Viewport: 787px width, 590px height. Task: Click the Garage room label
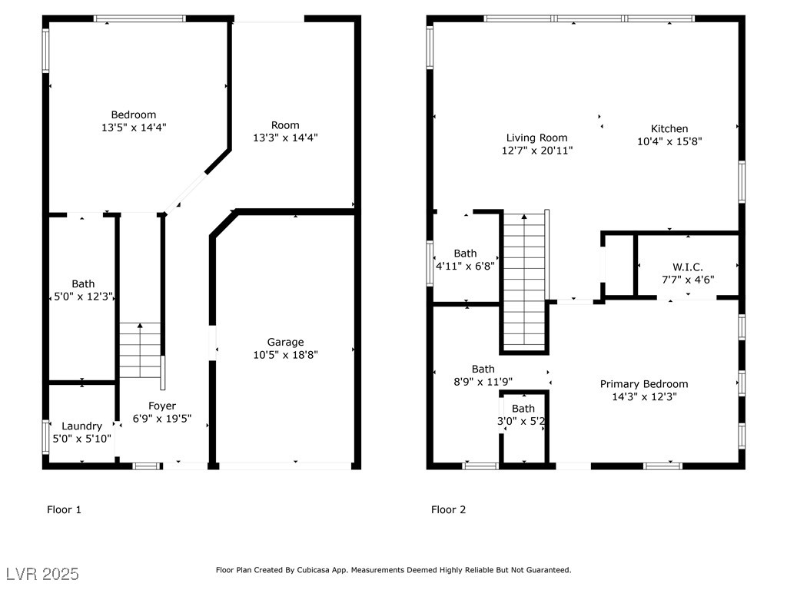(x=285, y=342)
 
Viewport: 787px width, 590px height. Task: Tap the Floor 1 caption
(x=64, y=510)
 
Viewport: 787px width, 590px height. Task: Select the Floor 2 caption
(x=448, y=510)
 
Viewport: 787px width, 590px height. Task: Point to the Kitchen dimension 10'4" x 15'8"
(x=669, y=141)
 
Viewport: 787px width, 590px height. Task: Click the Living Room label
(x=536, y=138)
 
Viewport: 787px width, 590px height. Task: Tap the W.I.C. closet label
(x=688, y=267)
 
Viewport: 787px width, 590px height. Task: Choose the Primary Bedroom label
(x=644, y=384)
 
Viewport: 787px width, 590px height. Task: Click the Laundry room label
(x=81, y=426)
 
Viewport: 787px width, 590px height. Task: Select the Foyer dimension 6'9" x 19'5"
(x=162, y=419)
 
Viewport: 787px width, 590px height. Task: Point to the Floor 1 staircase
(x=140, y=350)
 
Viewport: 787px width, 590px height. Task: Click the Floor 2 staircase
(x=524, y=282)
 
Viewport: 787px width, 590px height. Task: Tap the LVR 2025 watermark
(x=43, y=574)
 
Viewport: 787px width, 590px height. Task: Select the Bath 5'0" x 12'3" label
(x=83, y=290)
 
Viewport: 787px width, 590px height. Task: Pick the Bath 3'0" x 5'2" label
(x=522, y=415)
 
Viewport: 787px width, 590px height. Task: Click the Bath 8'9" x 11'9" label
(x=483, y=375)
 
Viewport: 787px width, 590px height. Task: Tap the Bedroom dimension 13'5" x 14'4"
(x=134, y=128)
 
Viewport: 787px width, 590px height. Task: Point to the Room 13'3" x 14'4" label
(x=285, y=131)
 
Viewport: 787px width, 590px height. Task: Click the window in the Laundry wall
(x=45, y=437)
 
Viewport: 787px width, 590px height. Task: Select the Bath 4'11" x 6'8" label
(x=465, y=260)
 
